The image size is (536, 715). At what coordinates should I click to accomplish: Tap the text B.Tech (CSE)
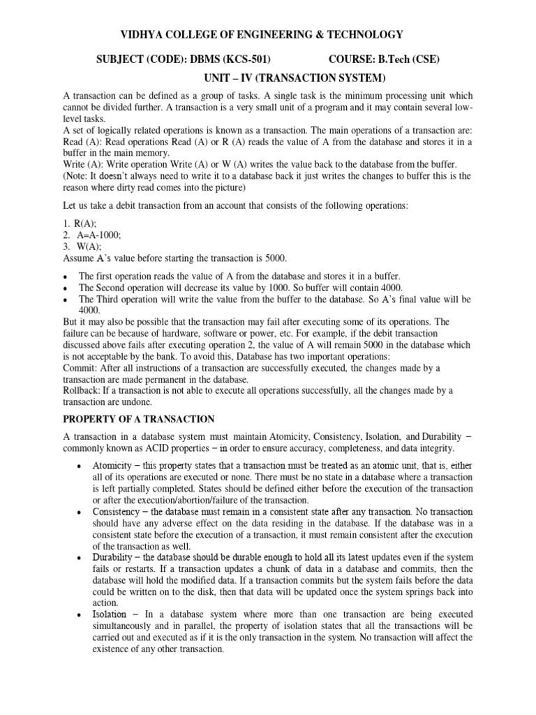[414, 59]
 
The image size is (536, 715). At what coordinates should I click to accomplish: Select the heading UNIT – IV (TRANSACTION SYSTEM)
[294, 78]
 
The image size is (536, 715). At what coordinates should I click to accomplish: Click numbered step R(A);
[91, 223]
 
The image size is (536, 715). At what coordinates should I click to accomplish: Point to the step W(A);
[91, 246]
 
